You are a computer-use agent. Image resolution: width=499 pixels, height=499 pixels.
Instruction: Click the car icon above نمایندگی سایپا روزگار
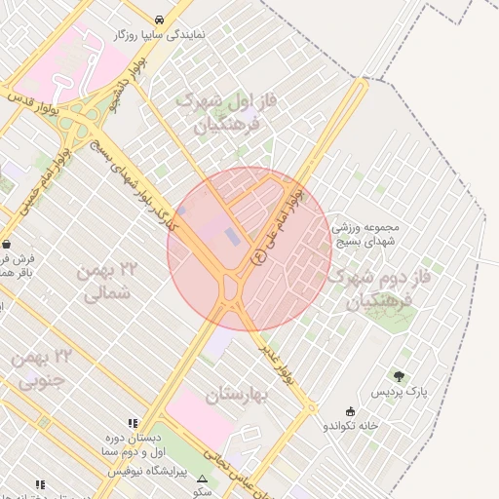pos(159,19)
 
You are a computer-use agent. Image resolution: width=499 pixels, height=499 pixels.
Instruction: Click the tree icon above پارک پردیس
pos(398,376)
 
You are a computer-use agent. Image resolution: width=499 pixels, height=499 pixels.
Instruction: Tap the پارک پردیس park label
pos(399,392)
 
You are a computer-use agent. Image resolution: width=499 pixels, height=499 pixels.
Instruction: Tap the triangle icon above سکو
pos(203,480)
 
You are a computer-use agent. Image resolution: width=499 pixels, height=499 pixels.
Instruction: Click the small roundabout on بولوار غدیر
pos(311,406)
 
